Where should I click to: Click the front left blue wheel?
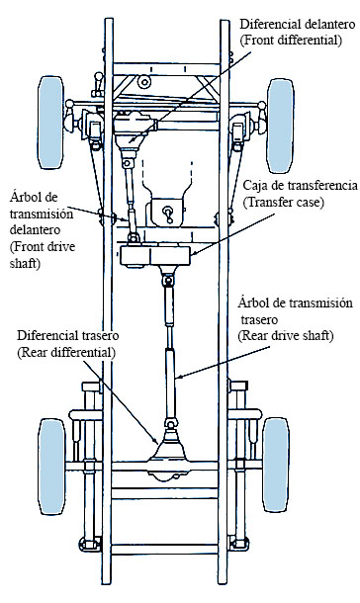(50, 123)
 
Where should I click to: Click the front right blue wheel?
(281, 126)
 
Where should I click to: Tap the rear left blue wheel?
(51, 467)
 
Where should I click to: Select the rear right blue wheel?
(276, 465)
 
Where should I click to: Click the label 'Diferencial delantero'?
(298, 25)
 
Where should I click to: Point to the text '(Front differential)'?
(291, 41)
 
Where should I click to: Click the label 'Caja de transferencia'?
(300, 186)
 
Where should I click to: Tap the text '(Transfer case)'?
(283, 202)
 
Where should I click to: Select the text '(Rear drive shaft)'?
(285, 336)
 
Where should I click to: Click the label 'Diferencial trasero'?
(67, 335)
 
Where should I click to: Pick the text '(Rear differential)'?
(66, 352)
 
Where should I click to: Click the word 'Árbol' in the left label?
(24, 197)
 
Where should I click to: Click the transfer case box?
(155, 255)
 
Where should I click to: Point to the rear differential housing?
(169, 454)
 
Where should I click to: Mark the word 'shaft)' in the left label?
(25, 264)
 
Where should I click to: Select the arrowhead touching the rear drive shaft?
(178, 377)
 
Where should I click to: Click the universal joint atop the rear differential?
(170, 423)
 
